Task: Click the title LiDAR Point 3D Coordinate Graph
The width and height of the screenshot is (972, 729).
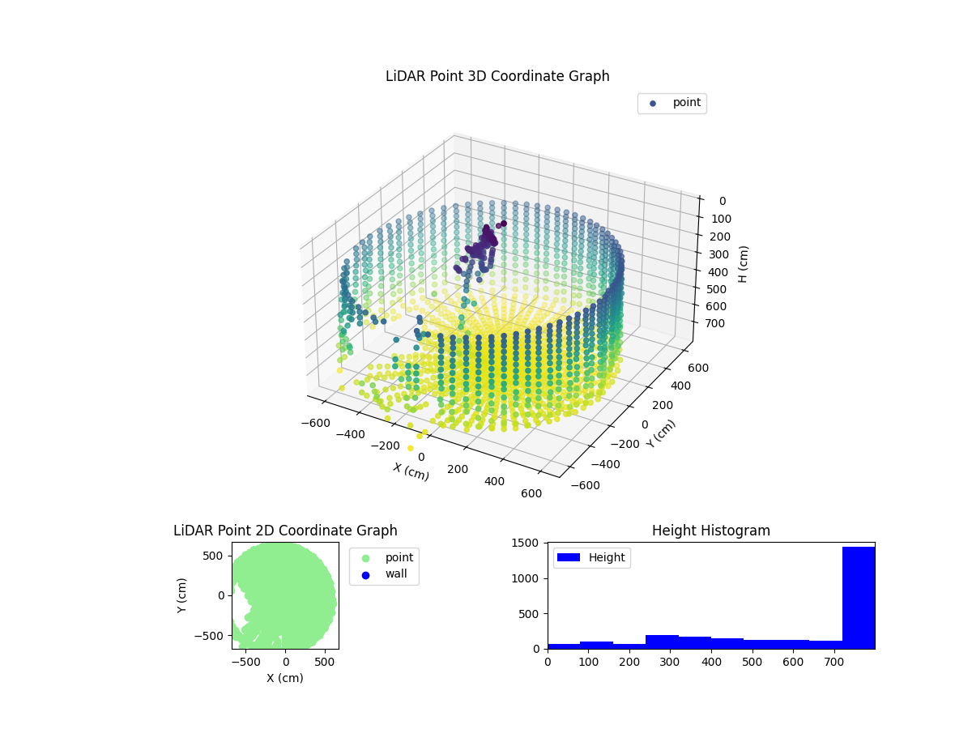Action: click(497, 76)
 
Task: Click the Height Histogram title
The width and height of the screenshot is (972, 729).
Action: click(710, 531)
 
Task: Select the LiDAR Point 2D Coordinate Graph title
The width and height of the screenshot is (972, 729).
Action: click(285, 531)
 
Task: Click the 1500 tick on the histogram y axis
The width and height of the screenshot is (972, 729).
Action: click(530, 544)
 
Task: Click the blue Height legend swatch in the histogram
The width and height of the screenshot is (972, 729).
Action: click(569, 557)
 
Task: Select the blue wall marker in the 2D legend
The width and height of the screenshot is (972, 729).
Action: click(364, 574)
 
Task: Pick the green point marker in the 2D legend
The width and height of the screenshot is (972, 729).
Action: click(364, 557)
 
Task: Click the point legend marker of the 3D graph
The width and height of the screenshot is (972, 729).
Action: click(653, 104)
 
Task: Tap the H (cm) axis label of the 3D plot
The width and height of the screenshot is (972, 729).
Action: click(744, 263)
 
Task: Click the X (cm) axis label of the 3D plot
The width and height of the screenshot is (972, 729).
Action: click(411, 471)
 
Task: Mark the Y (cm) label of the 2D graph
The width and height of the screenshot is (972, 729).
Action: click(182, 595)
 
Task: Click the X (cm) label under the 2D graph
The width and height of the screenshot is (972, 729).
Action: click(285, 678)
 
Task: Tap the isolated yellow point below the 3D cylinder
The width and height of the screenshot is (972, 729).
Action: click(411, 448)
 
